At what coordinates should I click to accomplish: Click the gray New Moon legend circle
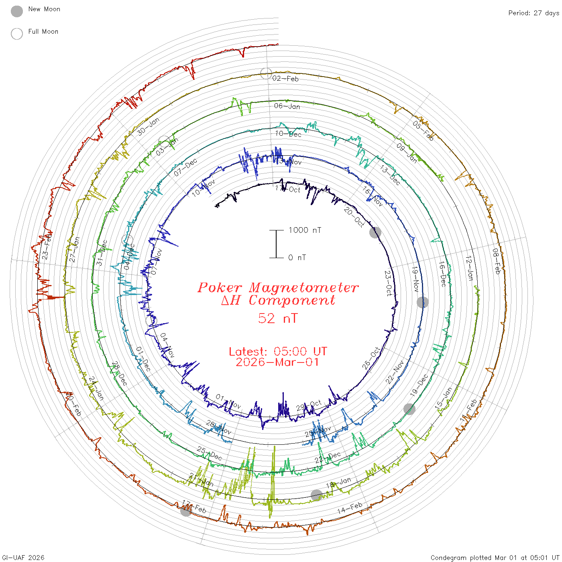pyautogui.click(x=17, y=12)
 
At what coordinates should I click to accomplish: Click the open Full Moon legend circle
pyautogui.click(x=17, y=34)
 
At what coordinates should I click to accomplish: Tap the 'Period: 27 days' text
pyautogui.click(x=533, y=13)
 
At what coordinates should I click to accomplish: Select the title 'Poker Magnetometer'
pyautogui.click(x=278, y=287)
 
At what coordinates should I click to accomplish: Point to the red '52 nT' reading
pyautogui.click(x=278, y=318)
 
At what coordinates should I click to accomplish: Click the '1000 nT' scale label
pyautogui.click(x=305, y=230)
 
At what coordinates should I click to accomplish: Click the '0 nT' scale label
pyautogui.click(x=297, y=257)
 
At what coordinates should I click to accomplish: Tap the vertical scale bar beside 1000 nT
pyautogui.click(x=276, y=244)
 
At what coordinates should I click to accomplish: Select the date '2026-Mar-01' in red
pyautogui.click(x=278, y=362)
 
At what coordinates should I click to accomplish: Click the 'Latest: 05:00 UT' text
pyautogui.click(x=278, y=352)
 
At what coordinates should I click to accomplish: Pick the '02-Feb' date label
pyautogui.click(x=285, y=79)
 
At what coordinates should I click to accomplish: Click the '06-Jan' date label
pyautogui.click(x=287, y=106)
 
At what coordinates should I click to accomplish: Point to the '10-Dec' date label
pyautogui.click(x=288, y=134)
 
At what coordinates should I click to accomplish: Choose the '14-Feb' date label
pyautogui.click(x=350, y=508)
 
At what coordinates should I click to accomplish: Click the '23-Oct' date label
pyautogui.click(x=388, y=283)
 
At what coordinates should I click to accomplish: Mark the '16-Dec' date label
pyautogui.click(x=442, y=273)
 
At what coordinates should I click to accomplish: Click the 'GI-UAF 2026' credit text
pyautogui.click(x=23, y=558)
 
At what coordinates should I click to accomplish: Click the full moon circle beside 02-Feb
pyautogui.click(x=266, y=73)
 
